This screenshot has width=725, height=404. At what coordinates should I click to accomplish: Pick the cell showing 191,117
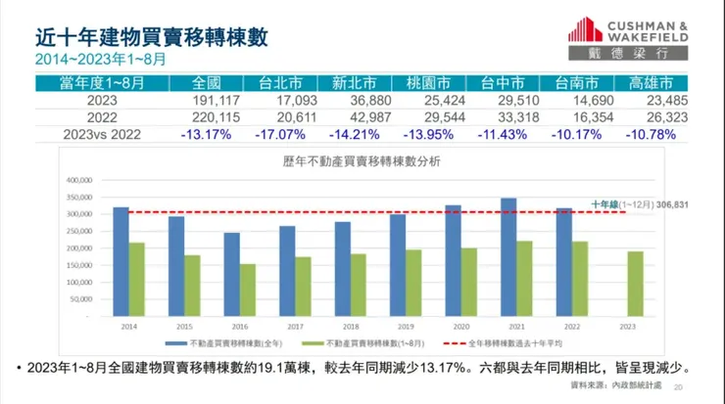(x=203, y=100)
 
